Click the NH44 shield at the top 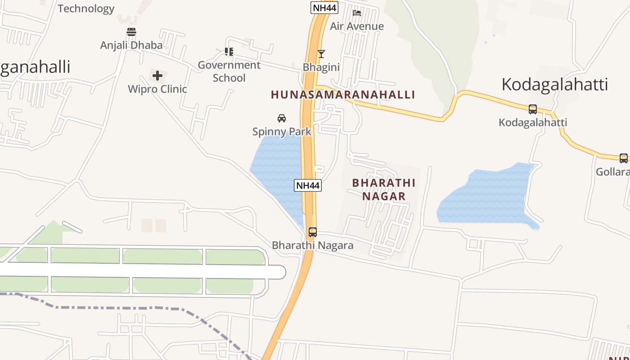coord(324,8)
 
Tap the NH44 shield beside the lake coord(308,185)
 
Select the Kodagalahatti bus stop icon coord(533,109)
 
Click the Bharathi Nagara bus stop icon coord(312,232)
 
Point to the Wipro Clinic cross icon coord(157,76)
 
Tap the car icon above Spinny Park coord(282,118)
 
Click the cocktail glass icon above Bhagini coord(321,54)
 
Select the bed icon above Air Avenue coord(357,13)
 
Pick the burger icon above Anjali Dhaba coord(131,32)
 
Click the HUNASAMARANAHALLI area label coord(343,94)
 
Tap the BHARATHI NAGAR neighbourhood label coord(384,189)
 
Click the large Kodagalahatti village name coord(555,84)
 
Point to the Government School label coord(229,71)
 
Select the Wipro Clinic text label coord(157,89)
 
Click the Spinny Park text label coord(282,132)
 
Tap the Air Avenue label coord(357,26)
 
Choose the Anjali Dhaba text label coord(131,45)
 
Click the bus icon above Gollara coord(624,158)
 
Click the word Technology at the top coord(86,9)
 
